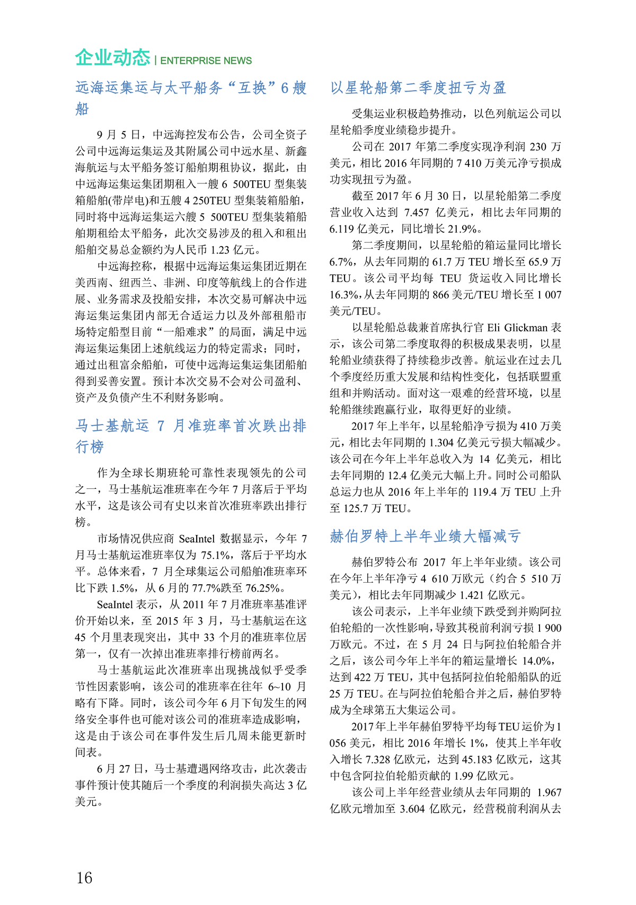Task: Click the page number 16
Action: point(84,877)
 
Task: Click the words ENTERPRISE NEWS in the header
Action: point(206,61)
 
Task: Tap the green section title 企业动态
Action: point(112,57)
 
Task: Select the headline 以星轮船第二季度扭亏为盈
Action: point(418,87)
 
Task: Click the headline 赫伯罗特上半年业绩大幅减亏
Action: point(425,536)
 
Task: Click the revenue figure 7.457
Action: point(416,213)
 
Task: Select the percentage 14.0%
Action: point(538,661)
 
